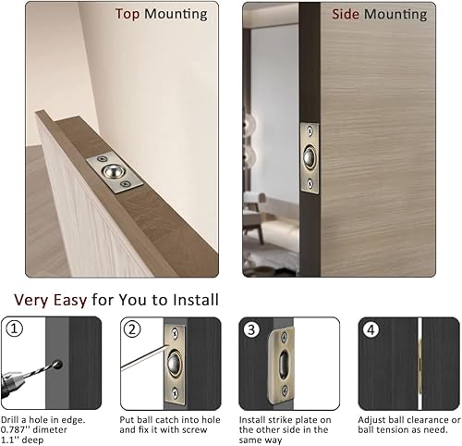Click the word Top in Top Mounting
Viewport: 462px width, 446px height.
click(x=128, y=15)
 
